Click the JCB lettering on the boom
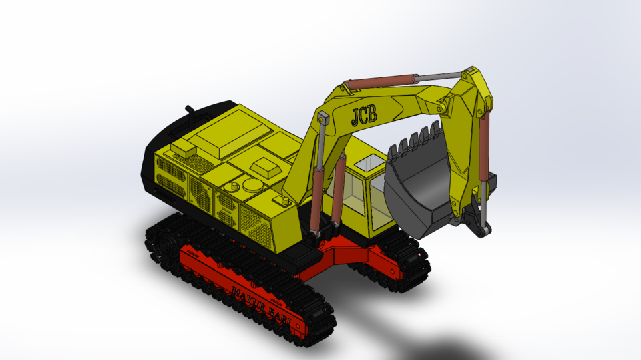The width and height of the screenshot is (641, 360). (x=365, y=115)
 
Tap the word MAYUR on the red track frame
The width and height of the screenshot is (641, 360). (x=248, y=295)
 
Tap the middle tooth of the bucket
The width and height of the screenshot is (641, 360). (x=415, y=138)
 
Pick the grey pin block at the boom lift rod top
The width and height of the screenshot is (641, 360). (x=323, y=118)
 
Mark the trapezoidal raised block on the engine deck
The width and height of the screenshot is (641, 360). (x=265, y=166)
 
